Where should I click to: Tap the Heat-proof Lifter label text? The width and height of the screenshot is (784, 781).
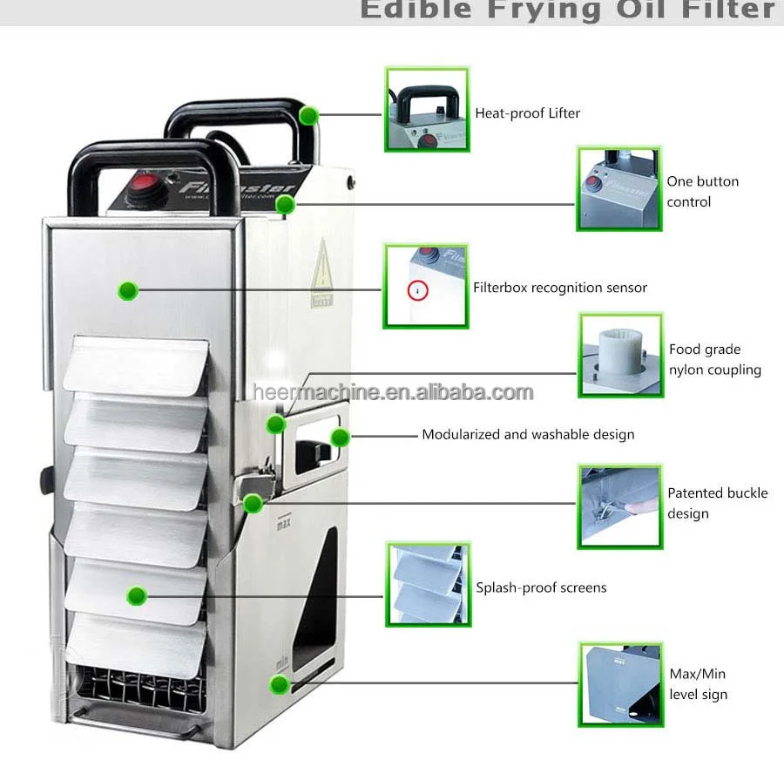[x=527, y=113]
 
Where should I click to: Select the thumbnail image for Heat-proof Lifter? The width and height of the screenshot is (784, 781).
[x=427, y=109]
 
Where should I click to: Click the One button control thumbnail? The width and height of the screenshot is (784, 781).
[x=619, y=189]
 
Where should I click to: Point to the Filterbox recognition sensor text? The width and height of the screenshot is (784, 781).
[x=560, y=288]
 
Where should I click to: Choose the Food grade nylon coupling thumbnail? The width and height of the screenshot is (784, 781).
[x=620, y=355]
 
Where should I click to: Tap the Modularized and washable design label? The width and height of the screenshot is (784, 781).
[x=528, y=434]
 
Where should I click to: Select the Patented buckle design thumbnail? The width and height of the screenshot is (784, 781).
[x=619, y=506]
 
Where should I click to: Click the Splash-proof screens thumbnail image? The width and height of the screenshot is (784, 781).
[x=427, y=584]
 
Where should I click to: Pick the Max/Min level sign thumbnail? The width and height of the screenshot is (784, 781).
[x=620, y=684]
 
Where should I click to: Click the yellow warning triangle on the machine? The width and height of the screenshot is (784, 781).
[x=322, y=270]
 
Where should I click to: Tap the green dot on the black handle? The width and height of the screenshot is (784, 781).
[x=307, y=115]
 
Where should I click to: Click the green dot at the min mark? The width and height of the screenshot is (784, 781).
[x=279, y=684]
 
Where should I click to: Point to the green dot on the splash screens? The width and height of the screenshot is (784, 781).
[x=135, y=596]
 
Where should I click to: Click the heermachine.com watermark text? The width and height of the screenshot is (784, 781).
[x=393, y=392]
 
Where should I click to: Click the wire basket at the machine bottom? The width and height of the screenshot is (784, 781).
[x=139, y=689]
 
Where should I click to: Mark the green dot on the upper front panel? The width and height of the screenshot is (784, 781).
[x=128, y=290]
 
